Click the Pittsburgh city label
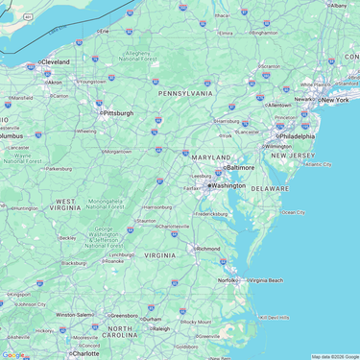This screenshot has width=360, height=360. click(119, 112)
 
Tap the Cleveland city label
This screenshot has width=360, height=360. click(55, 61)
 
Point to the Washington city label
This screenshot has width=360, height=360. click(228, 185)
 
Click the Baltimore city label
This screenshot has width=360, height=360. click(240, 167)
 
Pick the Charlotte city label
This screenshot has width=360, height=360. click(85, 353)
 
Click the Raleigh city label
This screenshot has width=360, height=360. click(160, 328)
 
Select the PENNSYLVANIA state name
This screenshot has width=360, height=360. click(185, 94)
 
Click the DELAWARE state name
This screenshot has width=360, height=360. click(270, 189)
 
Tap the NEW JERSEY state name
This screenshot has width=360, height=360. click(293, 155)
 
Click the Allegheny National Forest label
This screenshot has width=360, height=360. click(139, 56)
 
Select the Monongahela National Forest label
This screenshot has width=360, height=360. click(106, 204)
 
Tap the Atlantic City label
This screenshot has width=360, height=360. click(319, 164)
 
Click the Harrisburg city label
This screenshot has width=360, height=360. click(228, 121)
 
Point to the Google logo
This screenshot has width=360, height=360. click(13, 354)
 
